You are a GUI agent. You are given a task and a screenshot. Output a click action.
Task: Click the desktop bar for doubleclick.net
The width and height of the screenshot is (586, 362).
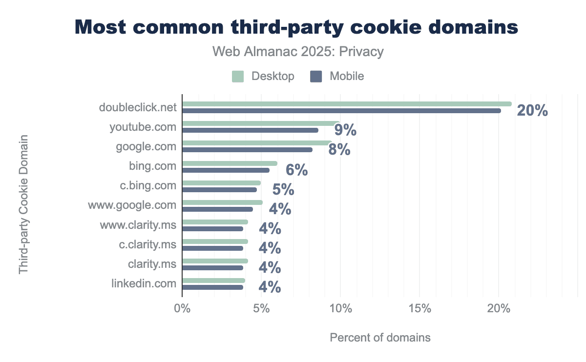[x=347, y=104]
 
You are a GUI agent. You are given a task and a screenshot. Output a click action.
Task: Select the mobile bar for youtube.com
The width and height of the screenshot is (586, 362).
[x=250, y=130]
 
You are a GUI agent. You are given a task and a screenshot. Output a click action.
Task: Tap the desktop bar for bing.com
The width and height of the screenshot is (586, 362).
[x=230, y=163]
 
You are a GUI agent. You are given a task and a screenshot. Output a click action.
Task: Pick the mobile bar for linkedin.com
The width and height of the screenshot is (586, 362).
[x=212, y=287]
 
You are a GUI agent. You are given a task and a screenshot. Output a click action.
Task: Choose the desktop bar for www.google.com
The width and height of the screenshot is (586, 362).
[x=222, y=202]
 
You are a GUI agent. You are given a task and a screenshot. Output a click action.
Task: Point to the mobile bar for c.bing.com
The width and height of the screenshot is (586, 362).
[x=219, y=190]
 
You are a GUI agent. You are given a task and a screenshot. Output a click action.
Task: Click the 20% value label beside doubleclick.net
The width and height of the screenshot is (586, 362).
[x=532, y=111]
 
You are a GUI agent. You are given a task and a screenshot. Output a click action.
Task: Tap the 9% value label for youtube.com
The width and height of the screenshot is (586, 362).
[x=345, y=131]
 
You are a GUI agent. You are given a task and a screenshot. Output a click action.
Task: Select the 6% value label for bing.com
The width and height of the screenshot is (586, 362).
[x=296, y=170]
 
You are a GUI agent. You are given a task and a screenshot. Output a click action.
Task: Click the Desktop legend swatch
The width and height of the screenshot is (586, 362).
[x=238, y=77]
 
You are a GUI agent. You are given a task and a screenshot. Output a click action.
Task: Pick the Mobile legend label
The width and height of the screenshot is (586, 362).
[x=347, y=77]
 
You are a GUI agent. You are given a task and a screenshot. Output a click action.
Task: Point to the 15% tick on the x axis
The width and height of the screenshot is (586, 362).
[x=419, y=309]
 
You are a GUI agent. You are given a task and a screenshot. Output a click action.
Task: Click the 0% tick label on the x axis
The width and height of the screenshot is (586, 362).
[x=182, y=309]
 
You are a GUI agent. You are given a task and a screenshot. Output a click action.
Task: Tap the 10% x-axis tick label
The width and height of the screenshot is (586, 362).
[x=340, y=309]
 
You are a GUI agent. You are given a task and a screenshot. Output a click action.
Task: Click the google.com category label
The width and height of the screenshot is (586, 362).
[x=146, y=146]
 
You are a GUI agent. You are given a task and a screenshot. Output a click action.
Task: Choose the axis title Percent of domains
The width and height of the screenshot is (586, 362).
[x=380, y=338]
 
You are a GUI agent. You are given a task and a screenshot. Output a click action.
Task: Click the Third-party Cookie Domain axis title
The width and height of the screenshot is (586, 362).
[x=23, y=205]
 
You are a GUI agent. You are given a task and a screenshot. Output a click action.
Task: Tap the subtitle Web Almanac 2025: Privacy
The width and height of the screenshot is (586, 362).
[x=298, y=52]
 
